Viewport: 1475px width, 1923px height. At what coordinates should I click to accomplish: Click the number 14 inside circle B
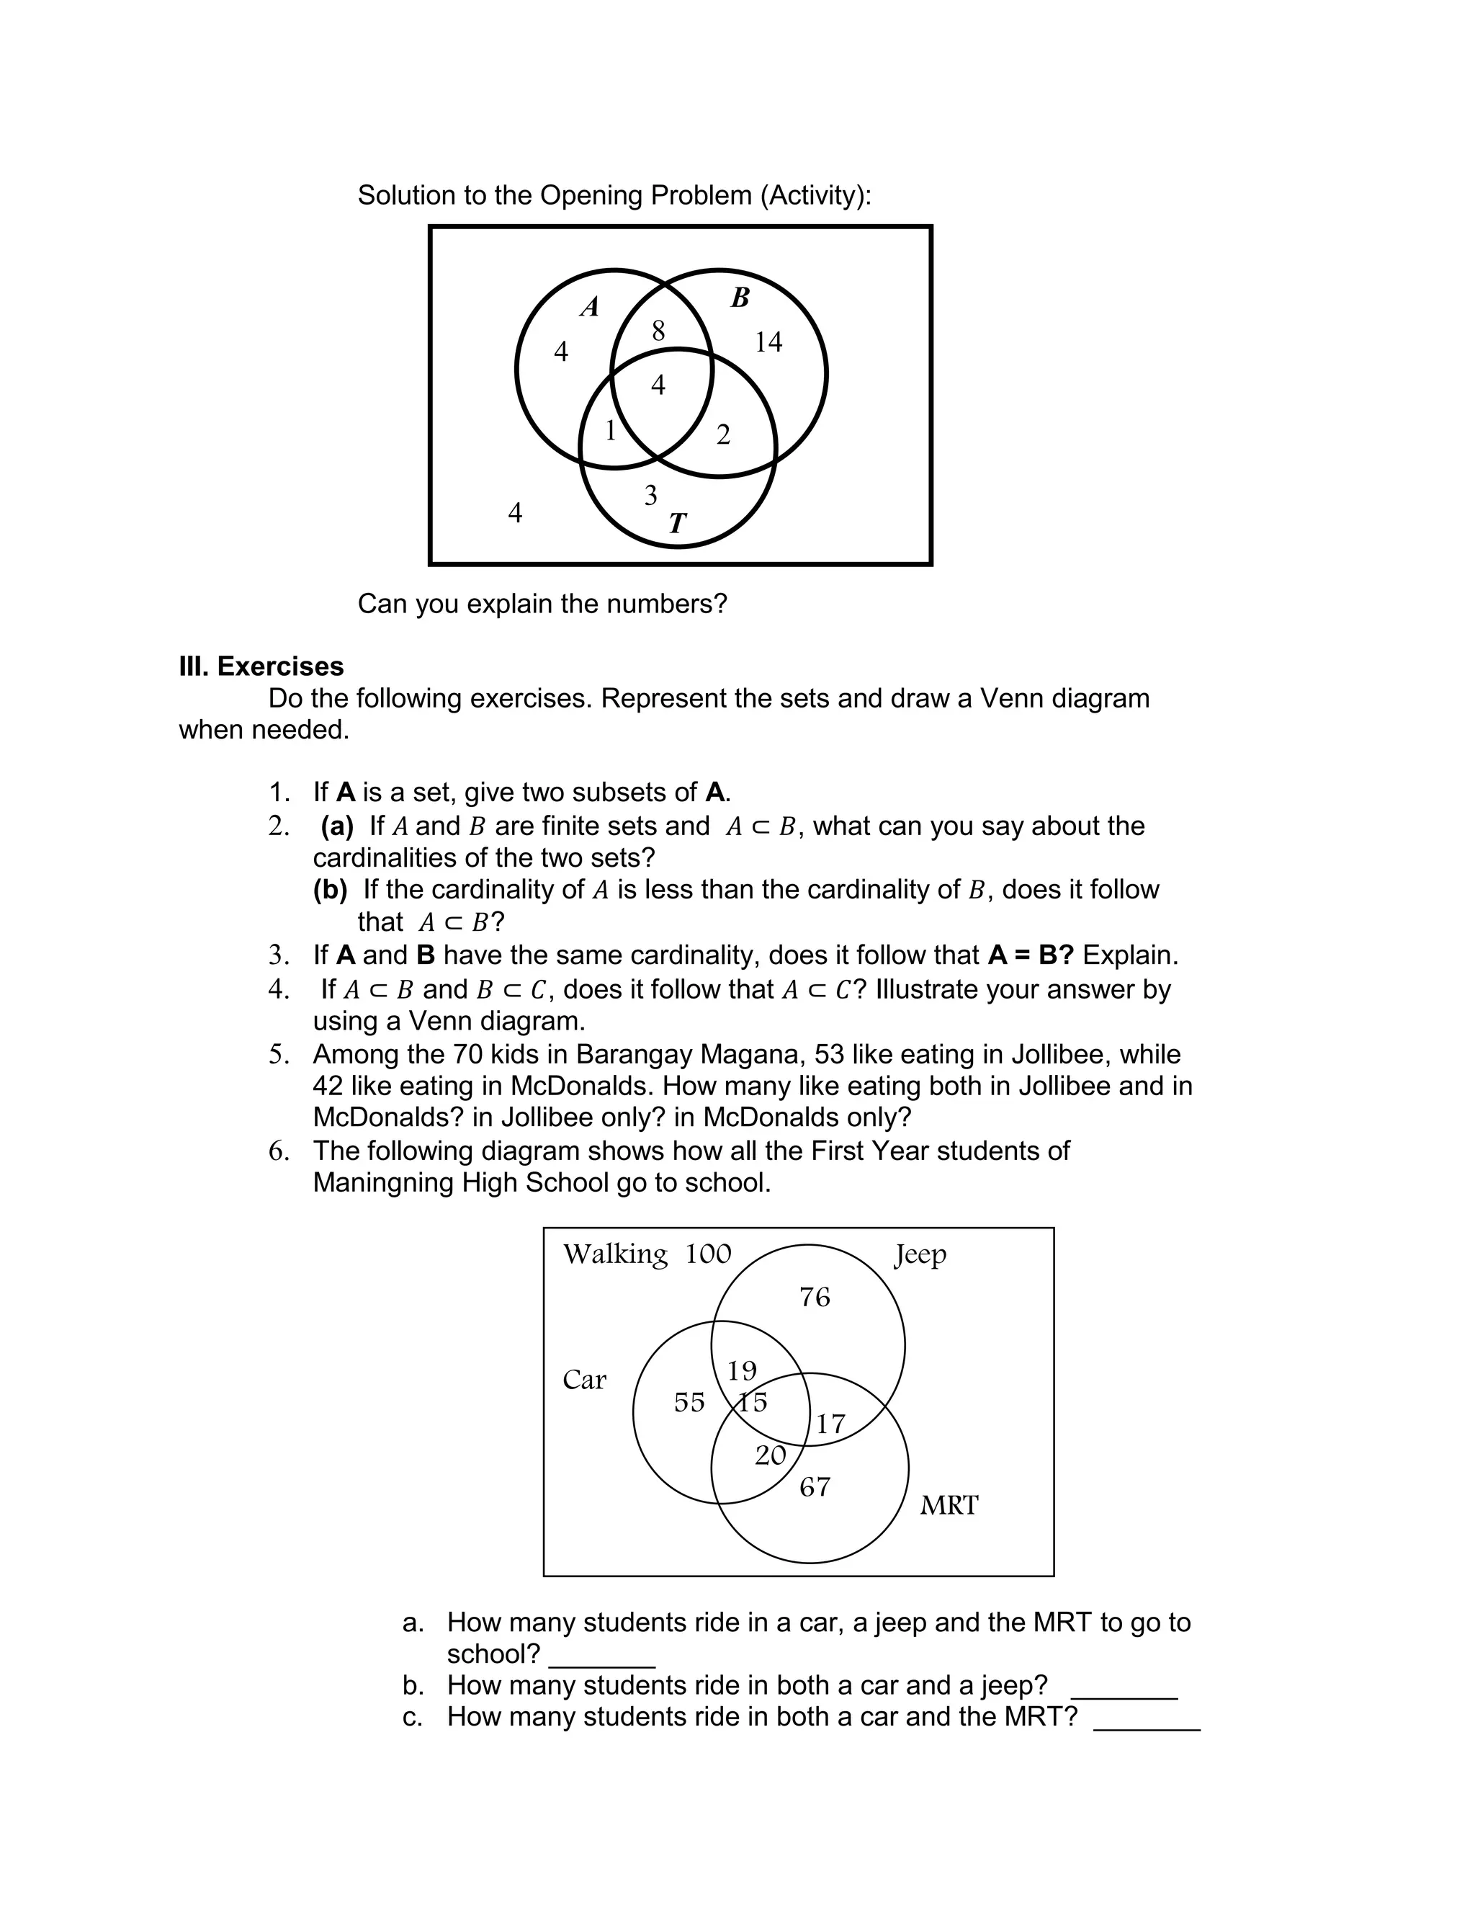(x=768, y=342)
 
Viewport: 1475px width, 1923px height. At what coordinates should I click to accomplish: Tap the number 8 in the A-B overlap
(x=658, y=331)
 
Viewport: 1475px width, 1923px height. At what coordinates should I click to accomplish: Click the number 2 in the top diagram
(x=723, y=434)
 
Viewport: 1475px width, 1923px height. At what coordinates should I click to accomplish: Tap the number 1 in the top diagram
(x=610, y=430)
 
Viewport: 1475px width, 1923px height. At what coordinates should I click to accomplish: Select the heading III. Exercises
(x=261, y=666)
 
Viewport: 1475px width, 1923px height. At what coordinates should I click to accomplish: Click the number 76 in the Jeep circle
(x=814, y=1297)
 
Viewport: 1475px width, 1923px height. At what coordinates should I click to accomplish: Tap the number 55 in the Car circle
(x=689, y=1402)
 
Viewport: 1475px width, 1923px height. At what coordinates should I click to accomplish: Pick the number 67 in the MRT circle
(x=814, y=1486)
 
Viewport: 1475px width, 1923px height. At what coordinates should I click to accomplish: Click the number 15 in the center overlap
(x=753, y=1401)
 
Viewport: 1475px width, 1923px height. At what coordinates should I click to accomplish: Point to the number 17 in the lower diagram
(x=830, y=1424)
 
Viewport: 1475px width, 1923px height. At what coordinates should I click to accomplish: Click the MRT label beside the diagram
(x=949, y=1505)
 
